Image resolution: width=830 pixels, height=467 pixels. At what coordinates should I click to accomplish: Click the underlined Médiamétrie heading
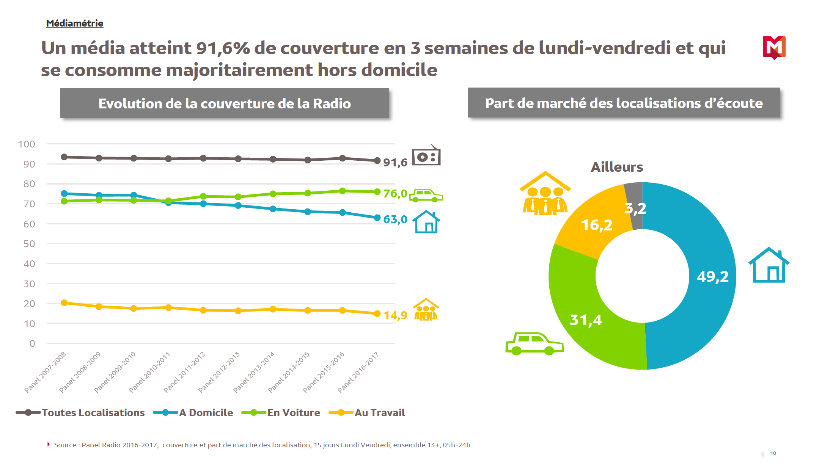74,24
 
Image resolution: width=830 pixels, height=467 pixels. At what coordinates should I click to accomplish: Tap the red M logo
774,47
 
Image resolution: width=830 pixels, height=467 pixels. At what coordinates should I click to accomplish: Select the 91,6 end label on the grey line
395,163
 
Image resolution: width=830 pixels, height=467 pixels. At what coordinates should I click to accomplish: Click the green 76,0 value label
395,194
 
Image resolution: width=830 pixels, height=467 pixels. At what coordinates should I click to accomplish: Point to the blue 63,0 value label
395,219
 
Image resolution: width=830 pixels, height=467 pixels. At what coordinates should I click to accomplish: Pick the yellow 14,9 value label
395,315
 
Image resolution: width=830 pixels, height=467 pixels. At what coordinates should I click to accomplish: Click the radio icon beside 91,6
426,156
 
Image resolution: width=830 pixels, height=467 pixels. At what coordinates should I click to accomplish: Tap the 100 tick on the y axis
27,144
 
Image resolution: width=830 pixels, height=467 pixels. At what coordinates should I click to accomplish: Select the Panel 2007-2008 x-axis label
46,372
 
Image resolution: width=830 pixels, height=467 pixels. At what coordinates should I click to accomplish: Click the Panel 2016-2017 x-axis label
358,372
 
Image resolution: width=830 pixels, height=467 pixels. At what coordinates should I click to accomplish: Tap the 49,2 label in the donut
712,277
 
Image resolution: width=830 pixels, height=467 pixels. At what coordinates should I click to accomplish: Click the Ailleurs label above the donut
617,167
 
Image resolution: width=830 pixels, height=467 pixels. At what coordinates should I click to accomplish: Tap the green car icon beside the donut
534,343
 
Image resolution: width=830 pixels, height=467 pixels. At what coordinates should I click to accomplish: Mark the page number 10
773,453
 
